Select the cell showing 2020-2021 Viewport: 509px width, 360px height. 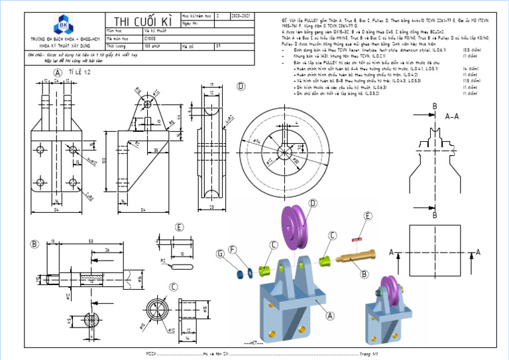click(x=240, y=15)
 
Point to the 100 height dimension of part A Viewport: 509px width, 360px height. click(x=105, y=162)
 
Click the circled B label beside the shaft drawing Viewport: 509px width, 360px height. click(x=34, y=244)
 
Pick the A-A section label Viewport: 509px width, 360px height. click(x=453, y=117)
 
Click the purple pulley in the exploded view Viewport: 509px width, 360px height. click(x=297, y=227)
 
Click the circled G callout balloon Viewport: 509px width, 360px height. click(x=220, y=253)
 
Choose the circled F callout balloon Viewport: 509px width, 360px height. click(x=232, y=249)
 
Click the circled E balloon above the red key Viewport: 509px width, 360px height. click(x=368, y=216)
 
